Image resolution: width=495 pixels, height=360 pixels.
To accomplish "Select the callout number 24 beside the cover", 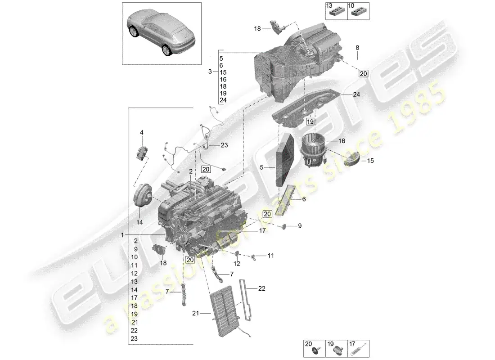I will (x=357, y=94).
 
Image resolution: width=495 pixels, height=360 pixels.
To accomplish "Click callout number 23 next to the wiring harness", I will (x=224, y=145).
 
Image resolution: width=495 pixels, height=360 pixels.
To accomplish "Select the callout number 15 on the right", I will (x=371, y=160).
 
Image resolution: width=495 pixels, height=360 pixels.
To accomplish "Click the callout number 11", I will (x=270, y=256).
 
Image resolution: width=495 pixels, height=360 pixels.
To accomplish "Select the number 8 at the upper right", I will (x=357, y=47).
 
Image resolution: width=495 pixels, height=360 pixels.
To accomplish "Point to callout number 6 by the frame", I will (x=303, y=198).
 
